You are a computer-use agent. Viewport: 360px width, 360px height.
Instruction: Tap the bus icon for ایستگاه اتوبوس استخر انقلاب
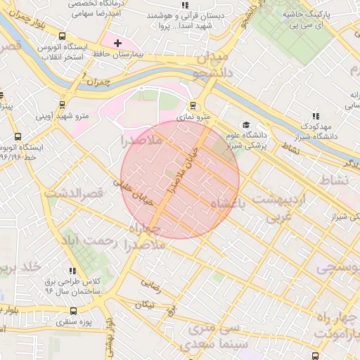click(x=63, y=36)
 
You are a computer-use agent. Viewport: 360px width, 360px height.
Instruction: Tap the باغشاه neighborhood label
click(x=220, y=204)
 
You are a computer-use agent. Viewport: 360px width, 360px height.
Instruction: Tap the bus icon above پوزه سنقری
click(x=74, y=310)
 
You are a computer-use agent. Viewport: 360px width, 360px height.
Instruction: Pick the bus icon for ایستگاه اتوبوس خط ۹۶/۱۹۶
click(x=18, y=138)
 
